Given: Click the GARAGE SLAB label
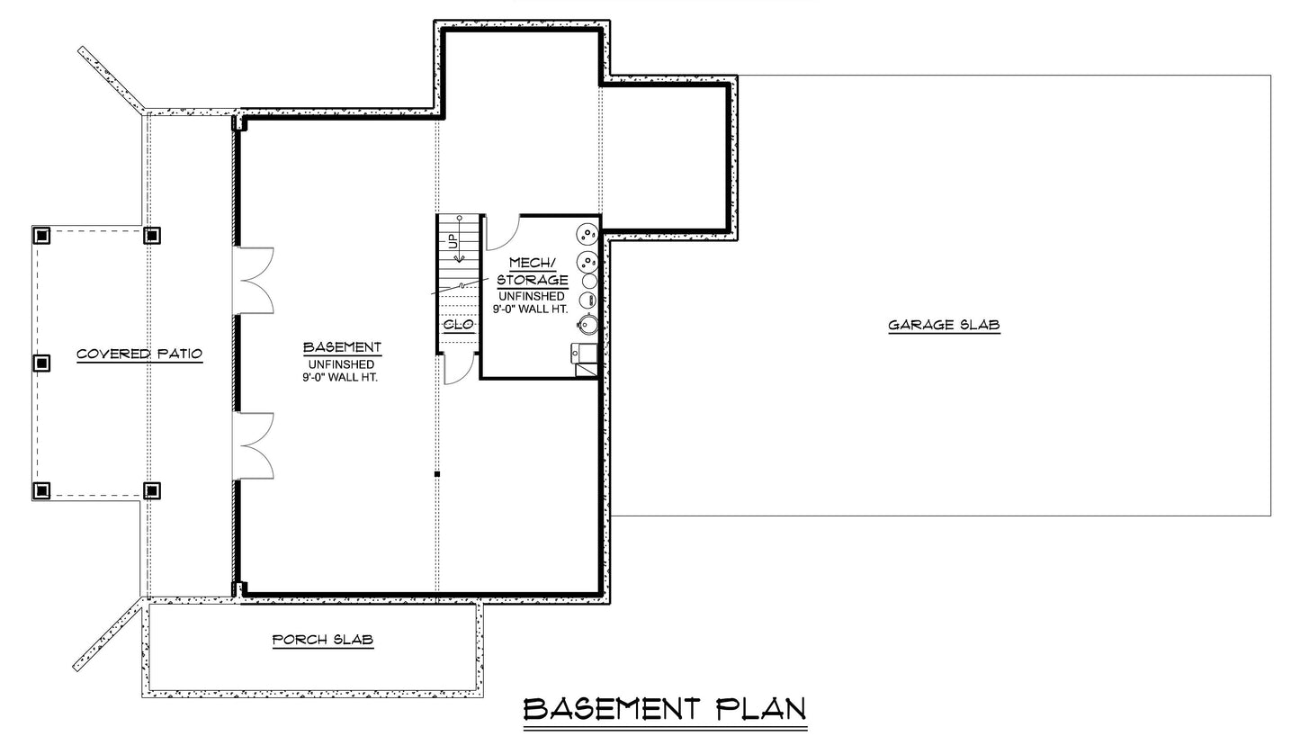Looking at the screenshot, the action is click(x=945, y=325).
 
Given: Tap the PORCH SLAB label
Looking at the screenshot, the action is click(x=323, y=640).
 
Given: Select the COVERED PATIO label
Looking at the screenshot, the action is click(x=139, y=354).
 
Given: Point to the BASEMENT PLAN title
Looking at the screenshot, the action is click(x=665, y=709).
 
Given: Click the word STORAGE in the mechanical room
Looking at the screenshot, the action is click(x=533, y=280).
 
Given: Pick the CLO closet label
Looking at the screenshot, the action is click(x=459, y=325).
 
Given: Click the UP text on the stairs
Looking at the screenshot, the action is click(x=450, y=241).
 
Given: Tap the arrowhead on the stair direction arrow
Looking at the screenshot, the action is click(x=459, y=257).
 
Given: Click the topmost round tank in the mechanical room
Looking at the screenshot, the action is click(x=587, y=233).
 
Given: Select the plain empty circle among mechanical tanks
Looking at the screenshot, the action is click(x=589, y=281).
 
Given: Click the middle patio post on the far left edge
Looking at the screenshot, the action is click(x=41, y=364).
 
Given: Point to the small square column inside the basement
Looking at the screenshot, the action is click(x=437, y=474).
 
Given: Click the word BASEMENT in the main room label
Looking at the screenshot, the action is click(x=342, y=347).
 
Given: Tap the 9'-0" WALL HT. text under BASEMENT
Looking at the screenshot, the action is click(x=339, y=377).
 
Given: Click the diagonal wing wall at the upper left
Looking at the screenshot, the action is click(x=112, y=79).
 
